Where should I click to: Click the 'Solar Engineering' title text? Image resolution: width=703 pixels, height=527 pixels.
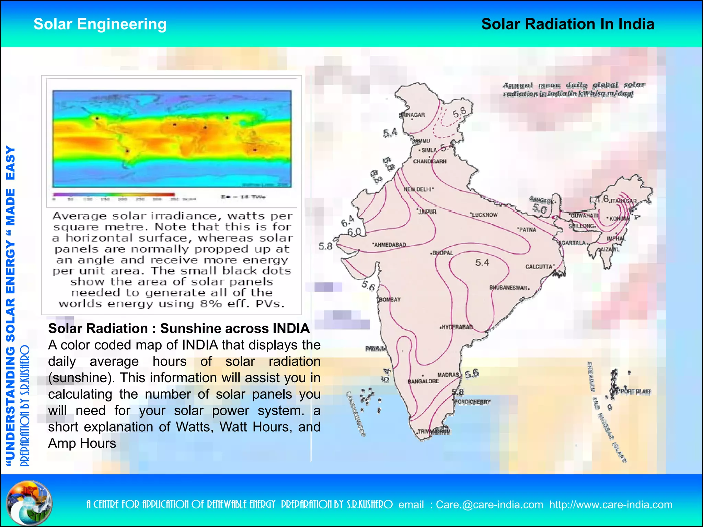coord(100,24)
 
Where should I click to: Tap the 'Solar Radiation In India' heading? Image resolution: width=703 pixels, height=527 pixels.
coord(567,24)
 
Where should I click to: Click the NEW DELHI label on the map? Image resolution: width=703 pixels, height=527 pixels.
coord(418,189)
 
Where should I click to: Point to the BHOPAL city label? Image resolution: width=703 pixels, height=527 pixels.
coord(442,253)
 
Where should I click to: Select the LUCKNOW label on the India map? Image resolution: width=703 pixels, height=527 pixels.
coord(484,215)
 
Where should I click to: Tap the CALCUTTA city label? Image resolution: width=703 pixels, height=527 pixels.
coord(540,267)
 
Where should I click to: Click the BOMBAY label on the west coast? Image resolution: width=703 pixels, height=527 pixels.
coord(390,300)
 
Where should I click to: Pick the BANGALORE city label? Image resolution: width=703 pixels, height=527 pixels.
coord(423,381)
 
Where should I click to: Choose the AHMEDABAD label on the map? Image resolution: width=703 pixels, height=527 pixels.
coord(390,245)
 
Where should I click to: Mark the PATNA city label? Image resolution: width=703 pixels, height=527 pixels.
coord(527,230)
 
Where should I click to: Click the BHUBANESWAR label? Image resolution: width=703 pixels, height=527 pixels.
coord(508,288)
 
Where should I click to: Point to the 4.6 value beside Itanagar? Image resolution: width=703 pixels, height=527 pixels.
coord(601,199)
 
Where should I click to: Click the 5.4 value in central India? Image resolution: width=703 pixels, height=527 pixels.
coord(482,263)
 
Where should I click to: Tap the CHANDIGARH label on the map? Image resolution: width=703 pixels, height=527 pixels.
coord(430,162)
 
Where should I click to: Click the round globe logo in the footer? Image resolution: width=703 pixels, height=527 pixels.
coord(30,503)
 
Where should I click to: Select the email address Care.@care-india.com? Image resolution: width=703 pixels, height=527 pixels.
coord(489,505)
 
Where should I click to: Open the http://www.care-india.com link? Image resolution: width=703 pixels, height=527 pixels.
coord(611,505)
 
